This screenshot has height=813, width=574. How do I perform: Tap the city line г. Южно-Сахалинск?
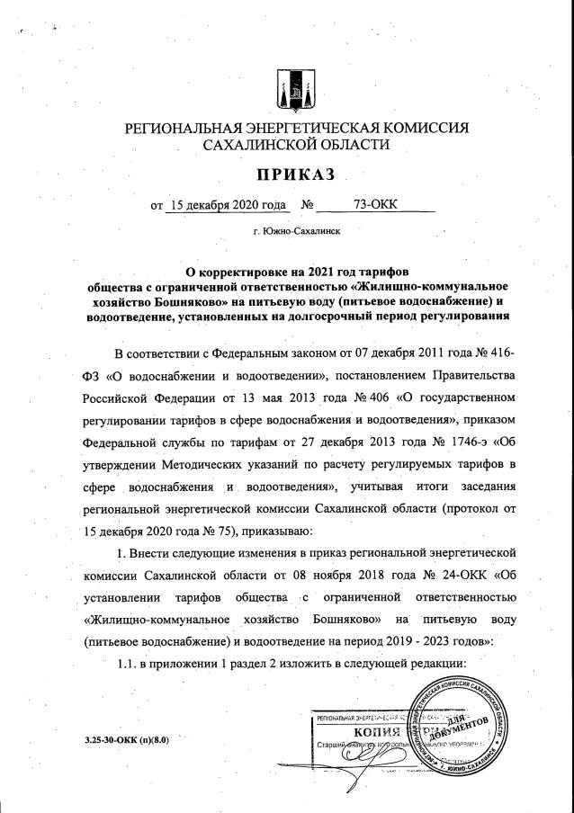pyautogui.click(x=297, y=232)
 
